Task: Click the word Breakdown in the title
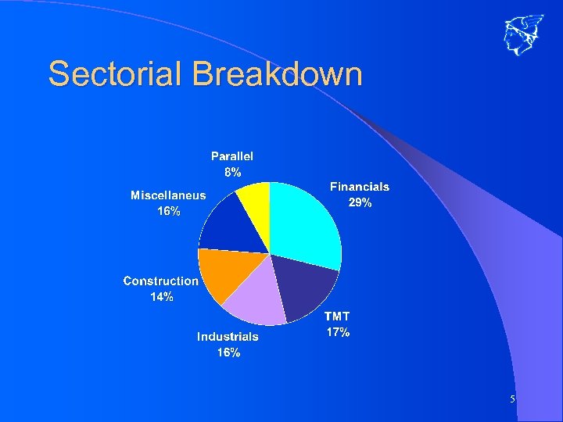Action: tap(277, 74)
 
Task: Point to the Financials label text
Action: tap(359, 187)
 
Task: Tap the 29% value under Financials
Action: tap(359, 202)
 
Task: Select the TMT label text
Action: tap(337, 316)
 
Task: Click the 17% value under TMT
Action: tap(337, 332)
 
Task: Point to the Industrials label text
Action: tap(228, 337)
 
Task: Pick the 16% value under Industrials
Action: tap(228, 352)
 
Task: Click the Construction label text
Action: tap(161, 281)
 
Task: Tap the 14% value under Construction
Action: tap(162, 296)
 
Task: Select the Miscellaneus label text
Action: tap(168, 195)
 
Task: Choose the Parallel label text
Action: tap(232, 157)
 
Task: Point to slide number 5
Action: tap(512, 399)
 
